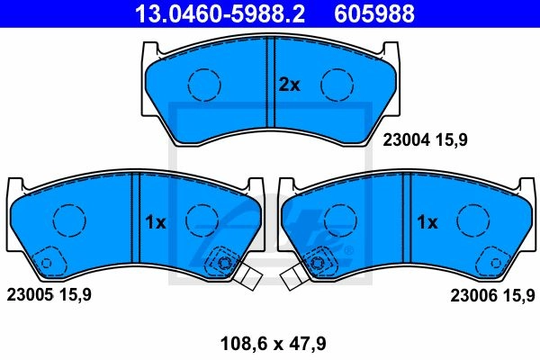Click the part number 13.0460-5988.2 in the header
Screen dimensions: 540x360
220,13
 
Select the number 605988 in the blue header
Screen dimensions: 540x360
374,13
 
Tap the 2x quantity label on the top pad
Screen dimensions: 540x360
289,85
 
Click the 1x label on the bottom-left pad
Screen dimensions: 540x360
156,222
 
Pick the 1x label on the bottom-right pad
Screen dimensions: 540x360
427,222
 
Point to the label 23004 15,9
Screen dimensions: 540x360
426,140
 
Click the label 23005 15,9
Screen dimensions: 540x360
49,295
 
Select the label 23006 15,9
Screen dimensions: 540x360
493,295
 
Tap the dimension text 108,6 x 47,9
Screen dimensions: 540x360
273,344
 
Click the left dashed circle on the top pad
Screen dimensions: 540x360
204,69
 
